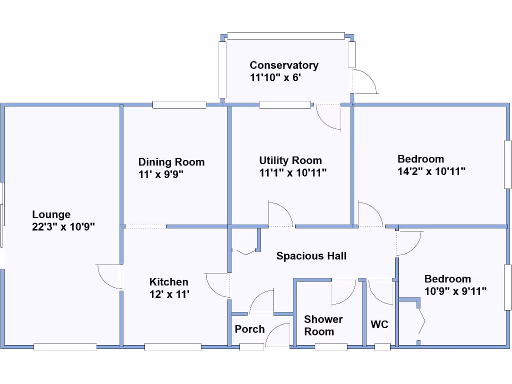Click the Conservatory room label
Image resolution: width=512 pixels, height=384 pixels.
(x=284, y=65)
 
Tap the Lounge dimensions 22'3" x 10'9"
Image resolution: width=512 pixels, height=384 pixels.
(x=63, y=226)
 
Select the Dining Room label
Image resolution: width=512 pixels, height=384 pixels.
(x=171, y=162)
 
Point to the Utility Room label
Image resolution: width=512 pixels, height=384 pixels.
(x=290, y=160)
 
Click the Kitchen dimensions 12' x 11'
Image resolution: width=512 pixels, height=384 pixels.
(x=169, y=294)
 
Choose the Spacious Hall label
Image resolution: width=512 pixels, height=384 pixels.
(x=311, y=256)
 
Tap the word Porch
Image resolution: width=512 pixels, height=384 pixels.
(x=249, y=329)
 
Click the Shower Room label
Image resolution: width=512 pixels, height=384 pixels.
(x=323, y=325)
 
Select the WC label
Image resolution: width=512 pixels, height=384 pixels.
(x=379, y=324)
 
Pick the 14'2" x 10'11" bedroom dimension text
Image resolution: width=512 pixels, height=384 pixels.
(x=431, y=171)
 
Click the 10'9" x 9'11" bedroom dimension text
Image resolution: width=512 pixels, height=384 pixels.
(x=455, y=291)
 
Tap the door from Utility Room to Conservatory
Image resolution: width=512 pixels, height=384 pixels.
(x=328, y=117)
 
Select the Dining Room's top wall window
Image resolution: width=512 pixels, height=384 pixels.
(x=179, y=104)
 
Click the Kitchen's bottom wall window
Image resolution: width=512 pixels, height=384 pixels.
(x=173, y=346)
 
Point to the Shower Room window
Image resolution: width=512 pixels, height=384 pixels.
(x=331, y=346)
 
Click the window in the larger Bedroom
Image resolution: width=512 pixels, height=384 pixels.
(x=508, y=164)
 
